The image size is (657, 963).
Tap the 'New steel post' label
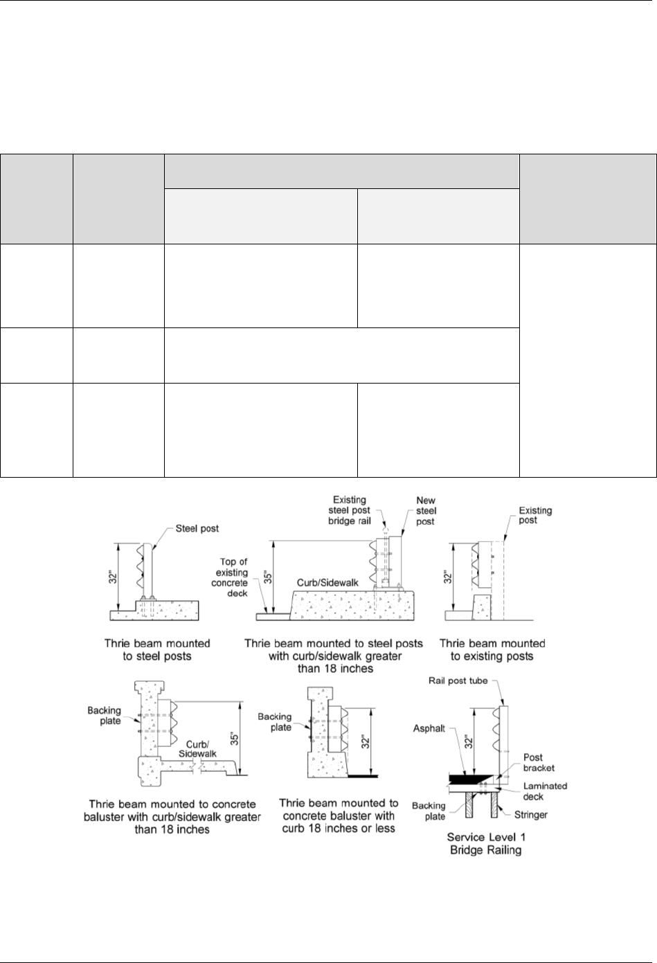point(426,511)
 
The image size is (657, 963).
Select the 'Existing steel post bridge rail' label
point(349,510)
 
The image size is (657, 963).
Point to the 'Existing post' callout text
point(536,515)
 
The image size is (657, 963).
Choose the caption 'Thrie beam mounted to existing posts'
point(492,650)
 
